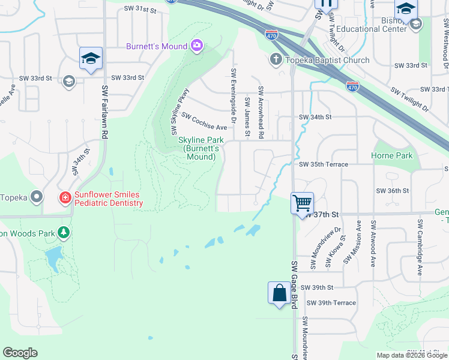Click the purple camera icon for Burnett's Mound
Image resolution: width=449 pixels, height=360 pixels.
pyautogui.click(x=196, y=46)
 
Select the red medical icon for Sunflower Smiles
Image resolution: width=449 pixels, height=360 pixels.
pyautogui.click(x=64, y=197)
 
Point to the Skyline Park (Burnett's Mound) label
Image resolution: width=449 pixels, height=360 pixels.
pyautogui.click(x=197, y=148)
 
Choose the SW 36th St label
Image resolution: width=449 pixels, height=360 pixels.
pyautogui.click(x=392, y=190)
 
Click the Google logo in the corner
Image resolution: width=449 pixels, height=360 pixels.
pyautogui.click(x=20, y=353)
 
